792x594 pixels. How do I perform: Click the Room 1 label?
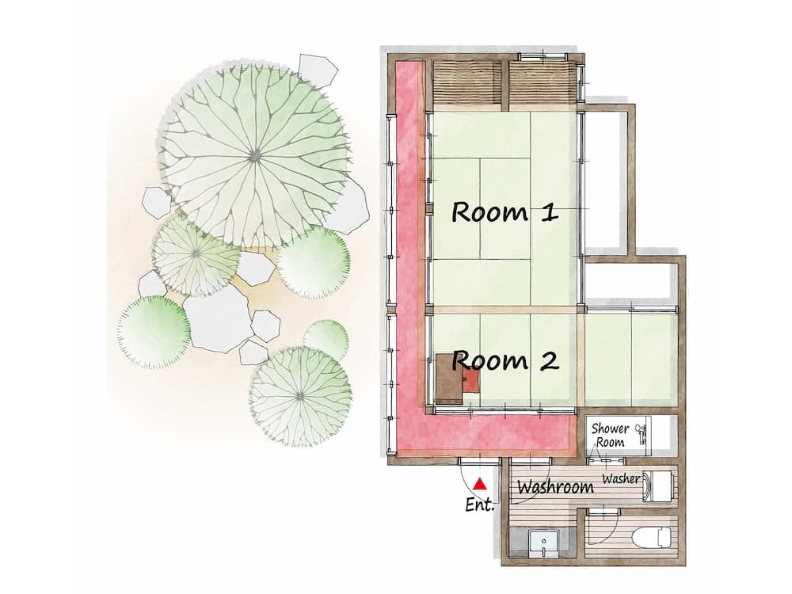point(505,212)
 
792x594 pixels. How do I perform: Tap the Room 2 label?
point(505,361)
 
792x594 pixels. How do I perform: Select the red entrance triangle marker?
point(478,483)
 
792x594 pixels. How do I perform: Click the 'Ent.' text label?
point(480,505)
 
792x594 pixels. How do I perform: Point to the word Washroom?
point(554,487)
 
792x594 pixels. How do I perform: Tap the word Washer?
point(621,479)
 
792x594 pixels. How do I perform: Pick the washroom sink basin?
point(543,543)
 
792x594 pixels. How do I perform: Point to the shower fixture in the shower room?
point(643,432)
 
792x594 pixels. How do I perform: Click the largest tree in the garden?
point(254,154)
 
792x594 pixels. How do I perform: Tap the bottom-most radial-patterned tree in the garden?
point(300,395)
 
